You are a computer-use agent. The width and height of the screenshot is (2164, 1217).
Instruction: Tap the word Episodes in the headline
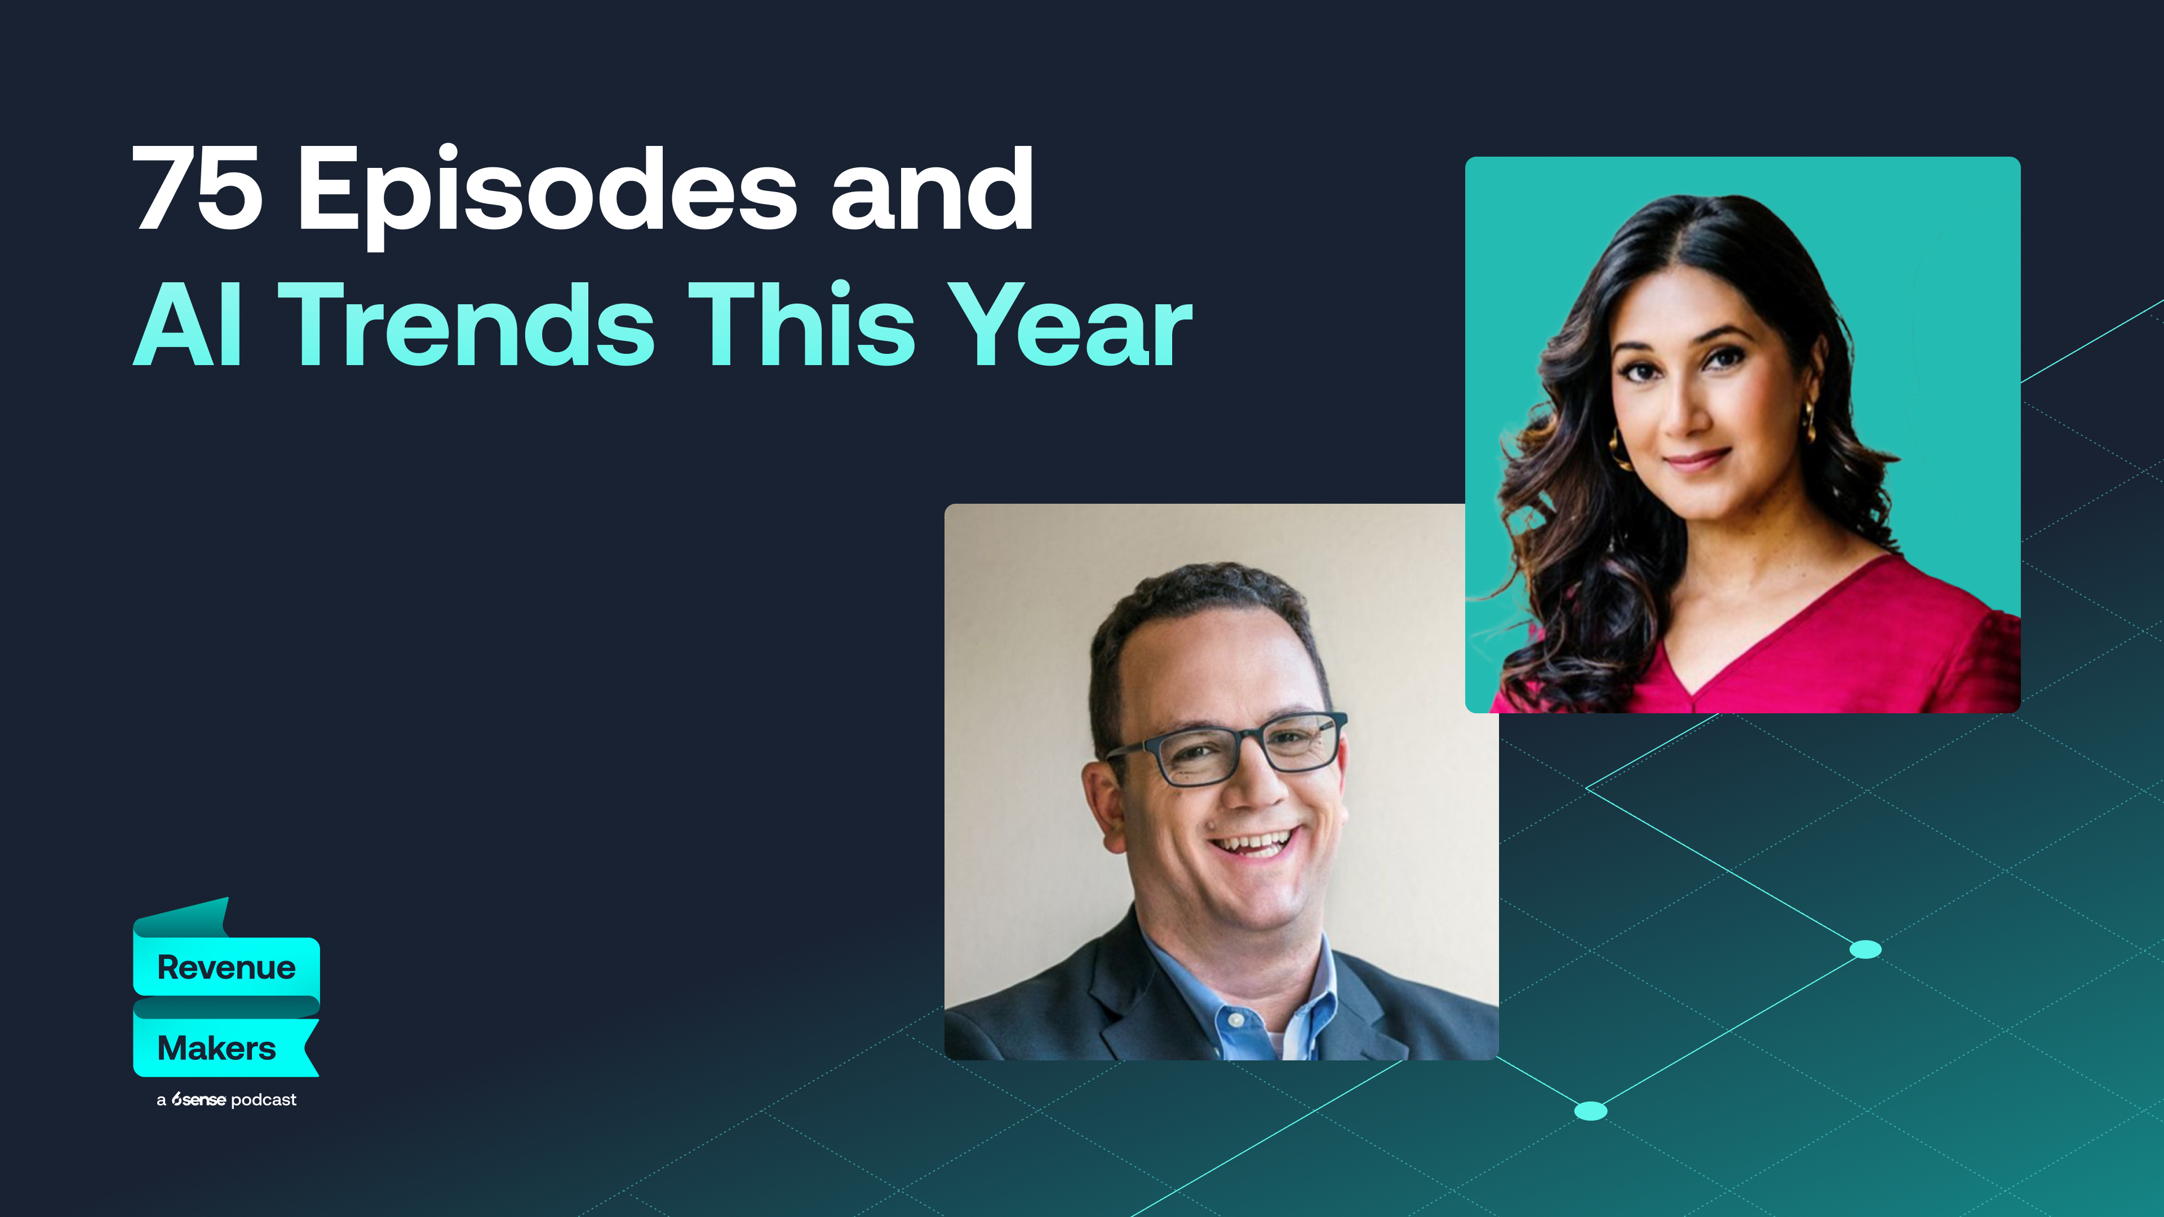click(547, 190)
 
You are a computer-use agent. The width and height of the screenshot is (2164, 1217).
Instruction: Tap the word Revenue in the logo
click(226, 967)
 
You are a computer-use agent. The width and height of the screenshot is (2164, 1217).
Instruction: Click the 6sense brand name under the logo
click(198, 1099)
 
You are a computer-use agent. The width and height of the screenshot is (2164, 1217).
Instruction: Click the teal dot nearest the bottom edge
click(1590, 1111)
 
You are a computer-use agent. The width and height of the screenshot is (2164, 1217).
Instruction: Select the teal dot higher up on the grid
click(1866, 949)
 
